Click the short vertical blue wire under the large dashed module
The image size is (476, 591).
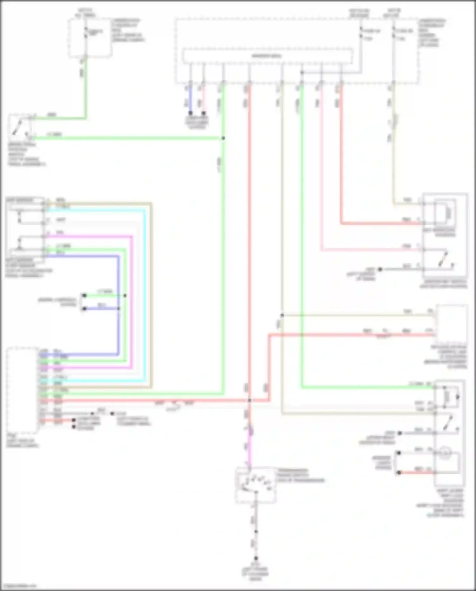point(190,98)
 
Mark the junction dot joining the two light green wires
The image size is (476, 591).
point(223,138)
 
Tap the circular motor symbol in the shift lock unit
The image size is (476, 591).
point(444,453)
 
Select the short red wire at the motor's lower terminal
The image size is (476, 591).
point(416,473)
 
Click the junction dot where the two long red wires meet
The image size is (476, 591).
point(250,401)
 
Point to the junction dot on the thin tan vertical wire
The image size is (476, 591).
point(282,315)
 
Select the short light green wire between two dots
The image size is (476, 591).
point(105,296)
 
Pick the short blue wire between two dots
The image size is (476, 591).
point(102,308)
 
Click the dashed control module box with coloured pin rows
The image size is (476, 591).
point(22,391)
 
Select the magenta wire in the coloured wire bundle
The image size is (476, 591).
point(132,302)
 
